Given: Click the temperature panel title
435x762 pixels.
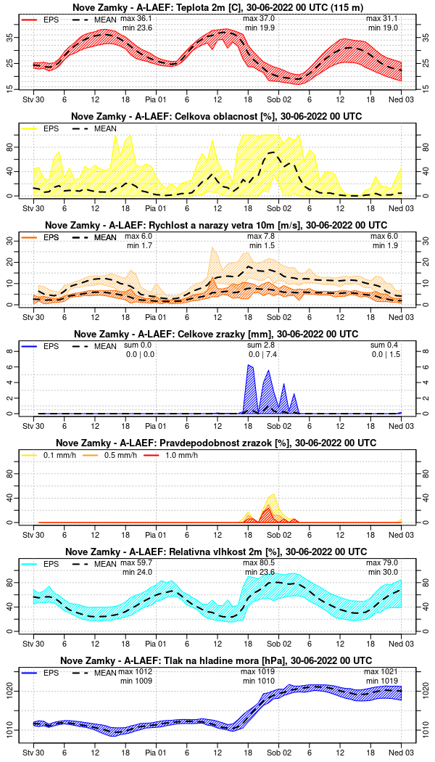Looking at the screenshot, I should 217,7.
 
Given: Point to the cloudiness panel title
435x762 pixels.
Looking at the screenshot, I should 217,116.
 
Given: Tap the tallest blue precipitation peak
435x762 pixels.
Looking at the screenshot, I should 249,366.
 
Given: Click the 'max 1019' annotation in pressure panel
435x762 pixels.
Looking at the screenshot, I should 257,672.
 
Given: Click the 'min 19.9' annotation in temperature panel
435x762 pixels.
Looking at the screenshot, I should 260,27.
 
